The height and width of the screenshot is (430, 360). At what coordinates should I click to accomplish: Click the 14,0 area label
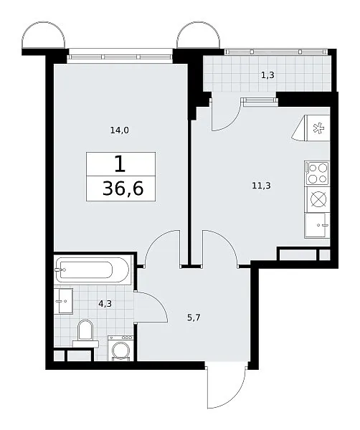(x=119, y=130)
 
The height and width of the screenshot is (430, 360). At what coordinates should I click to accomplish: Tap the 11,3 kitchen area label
(x=261, y=186)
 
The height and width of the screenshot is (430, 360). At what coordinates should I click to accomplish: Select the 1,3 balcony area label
(x=267, y=75)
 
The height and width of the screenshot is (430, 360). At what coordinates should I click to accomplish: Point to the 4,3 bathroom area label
(x=105, y=304)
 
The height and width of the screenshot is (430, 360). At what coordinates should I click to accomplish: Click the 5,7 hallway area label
(x=194, y=317)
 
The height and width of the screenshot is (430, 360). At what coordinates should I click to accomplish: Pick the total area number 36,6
(x=123, y=189)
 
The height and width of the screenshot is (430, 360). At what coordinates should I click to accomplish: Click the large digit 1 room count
(x=120, y=164)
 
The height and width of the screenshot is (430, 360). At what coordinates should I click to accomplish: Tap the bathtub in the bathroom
(x=92, y=270)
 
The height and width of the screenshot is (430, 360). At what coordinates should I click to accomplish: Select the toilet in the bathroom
(x=85, y=334)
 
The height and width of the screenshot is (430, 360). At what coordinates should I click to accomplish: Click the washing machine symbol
(x=120, y=348)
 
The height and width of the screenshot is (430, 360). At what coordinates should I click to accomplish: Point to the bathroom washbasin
(x=63, y=301)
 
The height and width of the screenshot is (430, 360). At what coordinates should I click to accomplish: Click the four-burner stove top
(x=317, y=173)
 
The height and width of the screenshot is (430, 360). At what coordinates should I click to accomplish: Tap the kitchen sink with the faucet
(x=317, y=225)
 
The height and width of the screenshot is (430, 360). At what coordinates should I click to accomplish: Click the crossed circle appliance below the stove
(x=318, y=199)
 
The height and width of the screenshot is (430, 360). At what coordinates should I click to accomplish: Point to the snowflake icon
(x=319, y=128)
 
